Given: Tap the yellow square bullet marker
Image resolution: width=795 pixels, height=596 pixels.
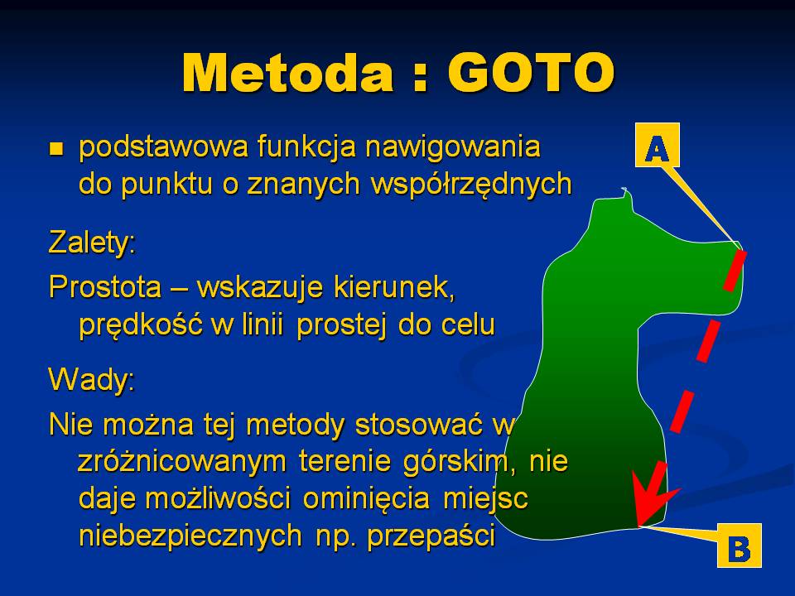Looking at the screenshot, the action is click(x=55, y=149).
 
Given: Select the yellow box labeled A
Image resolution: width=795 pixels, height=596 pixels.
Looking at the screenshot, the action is click(x=657, y=144).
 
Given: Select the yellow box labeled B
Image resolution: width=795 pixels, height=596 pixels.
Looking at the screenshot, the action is click(x=740, y=546).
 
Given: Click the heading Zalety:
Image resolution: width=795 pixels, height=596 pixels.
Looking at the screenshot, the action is click(x=92, y=243).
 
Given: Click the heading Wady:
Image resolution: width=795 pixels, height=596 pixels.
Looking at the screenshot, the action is click(x=92, y=378).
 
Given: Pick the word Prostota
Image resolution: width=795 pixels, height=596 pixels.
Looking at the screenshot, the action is click(x=105, y=287).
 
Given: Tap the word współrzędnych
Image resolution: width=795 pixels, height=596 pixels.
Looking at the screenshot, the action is click(x=471, y=185).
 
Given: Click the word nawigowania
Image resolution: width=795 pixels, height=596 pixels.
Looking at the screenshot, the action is click(x=453, y=148).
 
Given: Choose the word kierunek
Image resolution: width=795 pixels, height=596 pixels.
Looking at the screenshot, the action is click(x=394, y=287).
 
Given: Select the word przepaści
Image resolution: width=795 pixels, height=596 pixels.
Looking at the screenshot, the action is click(x=431, y=536).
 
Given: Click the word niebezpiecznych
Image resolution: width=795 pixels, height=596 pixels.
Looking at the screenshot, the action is click(x=190, y=536).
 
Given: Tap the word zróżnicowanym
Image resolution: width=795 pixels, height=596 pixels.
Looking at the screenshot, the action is click(x=182, y=462).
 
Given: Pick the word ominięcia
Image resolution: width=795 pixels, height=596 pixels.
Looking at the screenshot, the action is click(x=367, y=498).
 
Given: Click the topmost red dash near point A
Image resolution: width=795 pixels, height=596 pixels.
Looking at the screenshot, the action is click(x=735, y=270).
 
